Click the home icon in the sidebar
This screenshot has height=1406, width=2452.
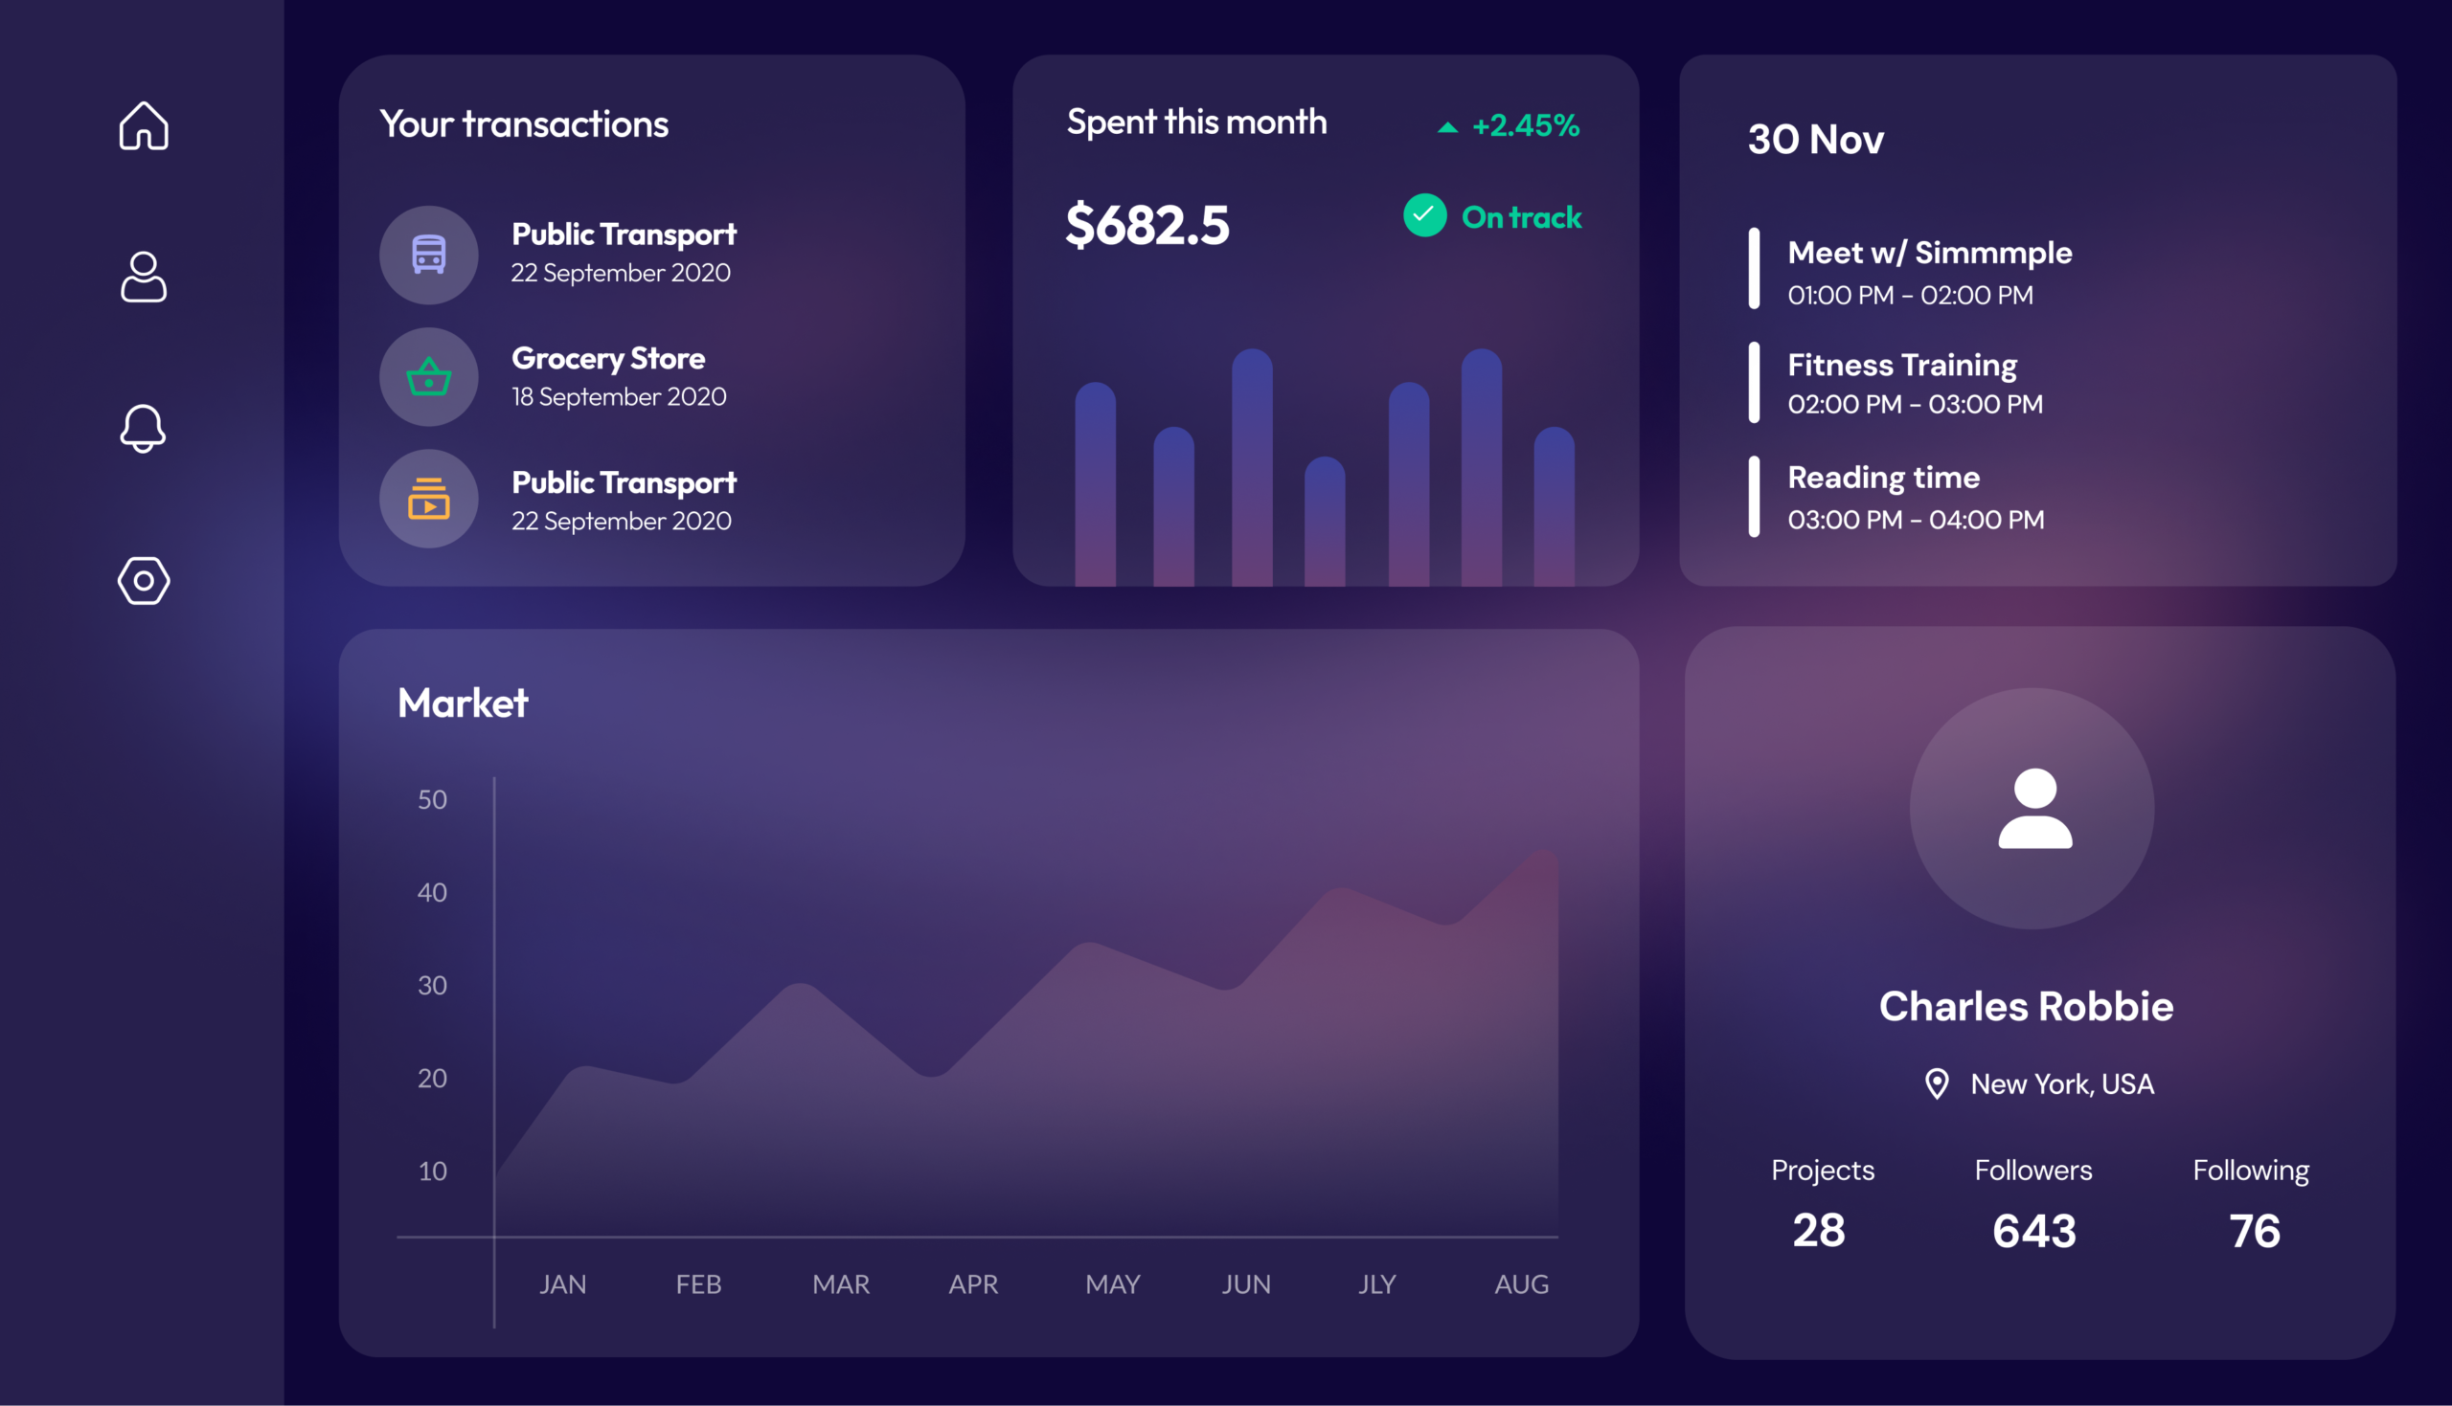tap(144, 125)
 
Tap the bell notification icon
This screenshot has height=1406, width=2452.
tap(143, 428)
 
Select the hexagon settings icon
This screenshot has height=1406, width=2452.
tap(144, 580)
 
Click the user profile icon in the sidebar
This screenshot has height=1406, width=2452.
tap(144, 278)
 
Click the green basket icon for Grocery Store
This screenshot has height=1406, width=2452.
tap(429, 376)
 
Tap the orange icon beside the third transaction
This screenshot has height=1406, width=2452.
tap(429, 499)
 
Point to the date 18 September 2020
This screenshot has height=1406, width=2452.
tap(620, 397)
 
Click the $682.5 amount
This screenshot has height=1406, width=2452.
tap(1147, 225)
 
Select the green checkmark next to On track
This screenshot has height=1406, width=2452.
tap(1425, 215)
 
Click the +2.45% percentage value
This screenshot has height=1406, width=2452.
tap(1526, 125)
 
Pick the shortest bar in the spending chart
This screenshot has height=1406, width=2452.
tap(1325, 522)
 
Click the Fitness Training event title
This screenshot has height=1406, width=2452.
tap(1902, 365)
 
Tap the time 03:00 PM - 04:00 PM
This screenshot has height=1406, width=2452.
tap(1916, 520)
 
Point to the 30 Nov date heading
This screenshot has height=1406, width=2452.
tap(1815, 139)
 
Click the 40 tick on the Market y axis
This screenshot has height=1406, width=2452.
tap(432, 892)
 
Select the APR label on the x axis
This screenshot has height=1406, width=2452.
tap(973, 1284)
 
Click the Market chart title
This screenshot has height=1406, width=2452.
tap(463, 703)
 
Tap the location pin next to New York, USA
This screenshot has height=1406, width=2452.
tap(1937, 1083)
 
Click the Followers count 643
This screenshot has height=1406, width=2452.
tap(2033, 1231)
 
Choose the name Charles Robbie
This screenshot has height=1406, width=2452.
tap(2026, 1006)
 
